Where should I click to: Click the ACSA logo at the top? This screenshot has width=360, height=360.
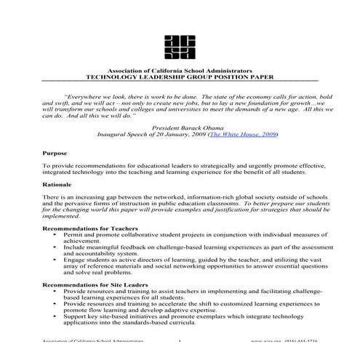(x=179, y=46)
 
